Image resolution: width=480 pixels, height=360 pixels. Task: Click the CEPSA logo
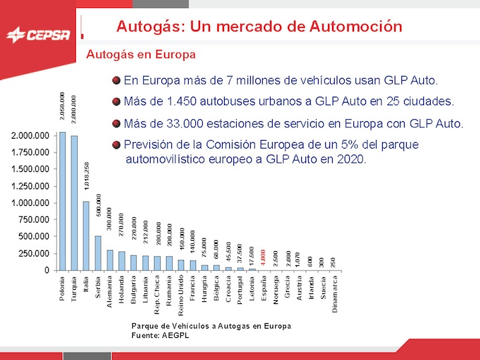(37, 34)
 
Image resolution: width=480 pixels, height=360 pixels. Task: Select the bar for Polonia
(62, 201)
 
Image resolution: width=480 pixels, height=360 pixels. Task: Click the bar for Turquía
(74, 203)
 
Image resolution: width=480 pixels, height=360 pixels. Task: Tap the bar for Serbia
(98, 253)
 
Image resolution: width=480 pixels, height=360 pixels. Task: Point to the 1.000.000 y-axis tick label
(30, 203)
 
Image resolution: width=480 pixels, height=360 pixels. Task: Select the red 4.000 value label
(264, 258)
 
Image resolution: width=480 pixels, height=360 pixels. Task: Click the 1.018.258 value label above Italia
(87, 176)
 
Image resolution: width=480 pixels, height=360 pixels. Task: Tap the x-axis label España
(264, 289)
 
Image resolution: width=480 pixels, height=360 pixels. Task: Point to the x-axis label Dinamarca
(335, 293)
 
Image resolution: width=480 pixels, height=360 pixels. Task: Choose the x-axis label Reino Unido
(181, 294)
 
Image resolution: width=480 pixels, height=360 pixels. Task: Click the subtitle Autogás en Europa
(141, 54)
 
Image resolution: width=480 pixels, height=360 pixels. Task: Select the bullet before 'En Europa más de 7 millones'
(117, 81)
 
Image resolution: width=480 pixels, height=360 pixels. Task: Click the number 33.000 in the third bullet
(179, 123)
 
